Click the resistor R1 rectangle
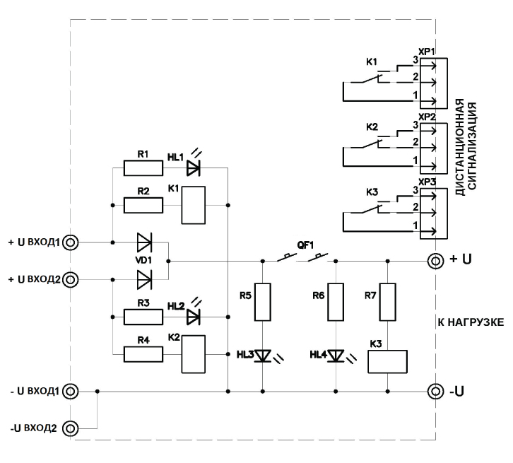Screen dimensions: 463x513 tap(143, 168)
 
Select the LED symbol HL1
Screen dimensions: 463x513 tap(193, 168)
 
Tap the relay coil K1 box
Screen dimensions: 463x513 tap(194, 206)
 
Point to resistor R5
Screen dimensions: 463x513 tap(263, 301)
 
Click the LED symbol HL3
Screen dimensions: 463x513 tap(263, 355)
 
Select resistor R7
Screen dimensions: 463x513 tap(388, 301)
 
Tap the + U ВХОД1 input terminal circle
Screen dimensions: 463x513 tap(70, 242)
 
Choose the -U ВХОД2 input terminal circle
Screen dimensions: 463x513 tap(70, 428)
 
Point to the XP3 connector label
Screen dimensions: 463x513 tap(426, 182)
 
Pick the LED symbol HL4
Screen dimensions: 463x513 tap(336, 355)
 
